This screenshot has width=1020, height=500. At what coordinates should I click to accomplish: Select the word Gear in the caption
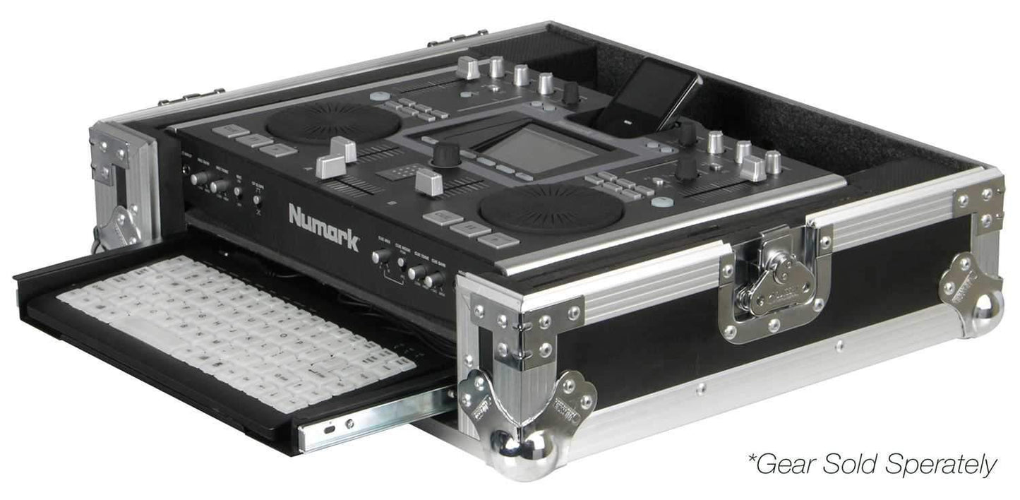(x=784, y=464)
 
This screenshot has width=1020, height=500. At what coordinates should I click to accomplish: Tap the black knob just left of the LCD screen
(x=445, y=153)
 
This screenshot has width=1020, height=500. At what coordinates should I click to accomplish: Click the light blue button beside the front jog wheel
(x=661, y=203)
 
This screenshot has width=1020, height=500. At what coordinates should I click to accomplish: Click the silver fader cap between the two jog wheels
(x=429, y=181)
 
